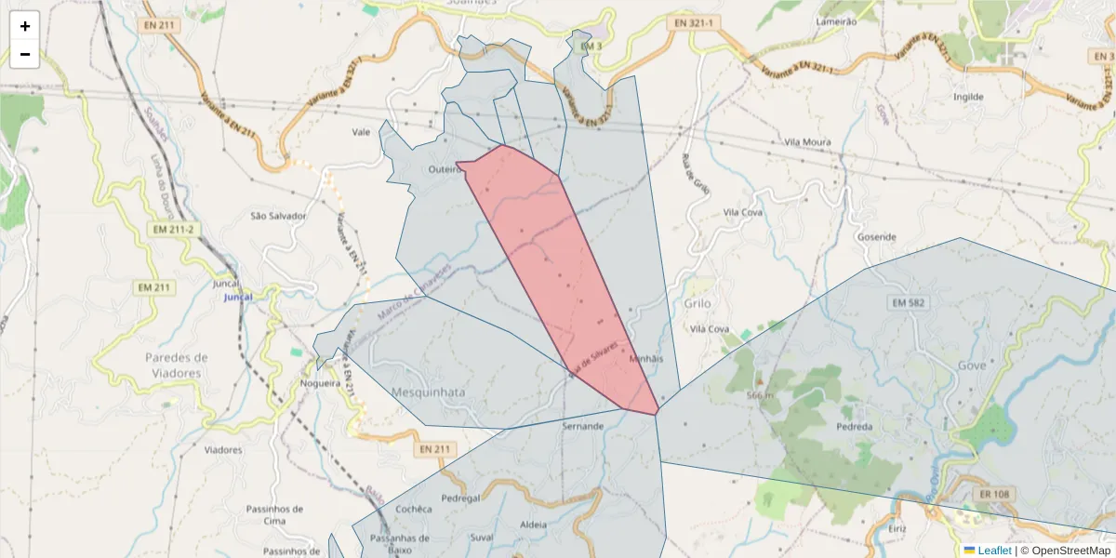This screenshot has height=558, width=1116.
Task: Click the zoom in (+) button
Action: coord(25,26)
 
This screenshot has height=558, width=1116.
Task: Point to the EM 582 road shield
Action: coord(910,302)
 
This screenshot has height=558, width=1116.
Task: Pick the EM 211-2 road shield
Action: coord(174,229)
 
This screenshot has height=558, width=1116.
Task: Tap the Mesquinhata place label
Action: coord(429,392)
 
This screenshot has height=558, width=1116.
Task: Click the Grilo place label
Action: coord(697,303)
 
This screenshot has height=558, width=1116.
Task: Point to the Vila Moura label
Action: coord(807,142)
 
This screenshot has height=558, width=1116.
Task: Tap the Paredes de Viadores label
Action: coord(176,365)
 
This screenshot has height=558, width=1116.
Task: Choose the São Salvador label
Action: coord(278,216)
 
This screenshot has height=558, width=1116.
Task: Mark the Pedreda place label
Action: coord(855,427)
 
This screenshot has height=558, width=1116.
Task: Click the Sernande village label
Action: coord(583,426)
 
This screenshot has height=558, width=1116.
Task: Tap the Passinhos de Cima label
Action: coord(274,515)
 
